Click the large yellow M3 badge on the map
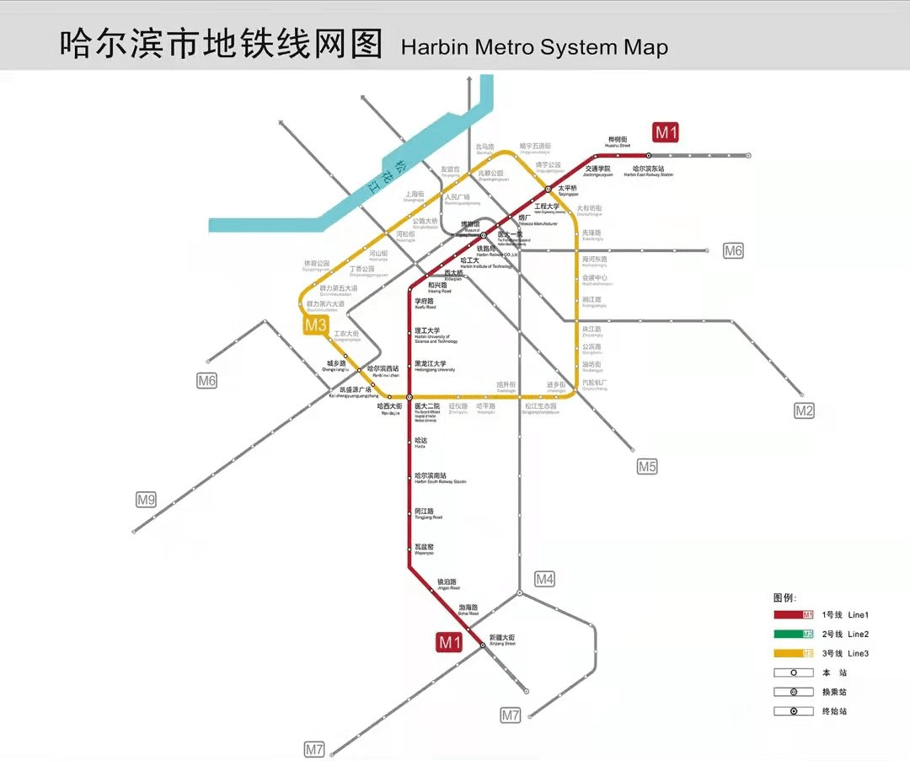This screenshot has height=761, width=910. coord(316,325)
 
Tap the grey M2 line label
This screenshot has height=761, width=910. coord(805,410)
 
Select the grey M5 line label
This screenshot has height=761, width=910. coord(646,466)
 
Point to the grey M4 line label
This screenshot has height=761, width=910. coord(545,579)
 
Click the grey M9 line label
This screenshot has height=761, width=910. coord(146,500)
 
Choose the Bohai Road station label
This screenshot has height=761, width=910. coord(468,609)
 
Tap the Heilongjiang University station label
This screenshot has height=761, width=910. coord(435,366)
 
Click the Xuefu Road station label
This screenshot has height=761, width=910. coord(426,303)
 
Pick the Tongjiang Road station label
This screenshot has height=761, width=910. coord(428,513)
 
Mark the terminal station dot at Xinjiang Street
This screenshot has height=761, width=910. coord(483,645)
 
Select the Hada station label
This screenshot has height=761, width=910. coord(421,443)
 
